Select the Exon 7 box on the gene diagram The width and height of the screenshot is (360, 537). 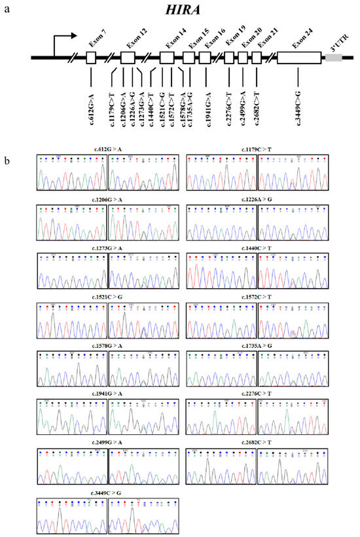(91, 58)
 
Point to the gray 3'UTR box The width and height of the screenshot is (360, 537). (333, 58)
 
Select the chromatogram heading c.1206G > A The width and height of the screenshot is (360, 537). (107, 199)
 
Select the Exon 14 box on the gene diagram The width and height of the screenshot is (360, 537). (167, 58)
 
